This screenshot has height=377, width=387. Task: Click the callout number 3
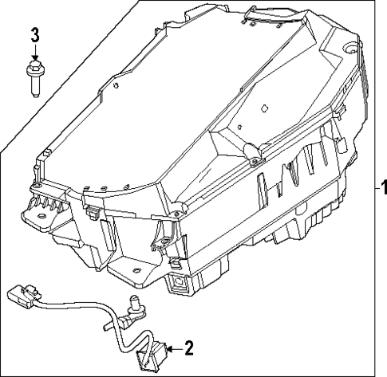[34, 35]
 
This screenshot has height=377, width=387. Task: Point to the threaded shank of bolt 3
[35, 87]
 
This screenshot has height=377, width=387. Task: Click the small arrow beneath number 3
[34, 53]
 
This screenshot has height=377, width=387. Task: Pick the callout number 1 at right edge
[381, 189]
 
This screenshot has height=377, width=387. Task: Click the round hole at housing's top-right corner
[349, 49]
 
